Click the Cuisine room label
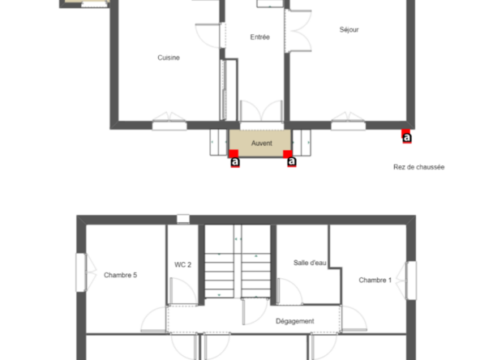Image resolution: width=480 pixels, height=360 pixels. (x=169, y=58)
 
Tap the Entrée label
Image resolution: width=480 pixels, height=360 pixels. (x=260, y=37)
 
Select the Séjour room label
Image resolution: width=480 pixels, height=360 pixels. (x=349, y=30)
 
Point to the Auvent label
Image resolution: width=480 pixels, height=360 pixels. (x=262, y=143)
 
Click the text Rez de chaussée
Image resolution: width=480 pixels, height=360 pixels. (x=418, y=167)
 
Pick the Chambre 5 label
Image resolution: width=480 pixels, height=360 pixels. (x=120, y=275)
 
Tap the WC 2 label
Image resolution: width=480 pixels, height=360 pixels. (x=182, y=264)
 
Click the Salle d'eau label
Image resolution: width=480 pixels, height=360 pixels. (x=310, y=263)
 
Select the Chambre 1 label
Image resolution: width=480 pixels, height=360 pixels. (x=375, y=280)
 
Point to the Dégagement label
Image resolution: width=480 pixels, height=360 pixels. (x=295, y=321)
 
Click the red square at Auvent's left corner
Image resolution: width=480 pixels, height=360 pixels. (x=234, y=154)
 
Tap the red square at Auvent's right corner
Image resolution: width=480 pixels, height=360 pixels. (x=288, y=154)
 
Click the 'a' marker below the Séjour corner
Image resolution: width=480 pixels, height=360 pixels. (x=407, y=138)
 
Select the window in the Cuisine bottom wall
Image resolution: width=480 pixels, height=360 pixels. (x=169, y=126)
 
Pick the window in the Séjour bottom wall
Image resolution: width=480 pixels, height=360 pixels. (x=349, y=126)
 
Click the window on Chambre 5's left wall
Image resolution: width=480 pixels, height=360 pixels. (x=81, y=272)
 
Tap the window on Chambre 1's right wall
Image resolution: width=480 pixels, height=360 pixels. (x=411, y=280)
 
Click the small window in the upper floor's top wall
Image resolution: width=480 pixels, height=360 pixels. (x=183, y=219)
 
